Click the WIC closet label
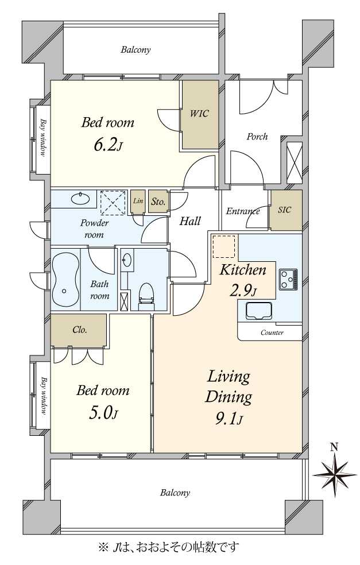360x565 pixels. pos(199,113)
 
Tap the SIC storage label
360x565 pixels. pos(284,210)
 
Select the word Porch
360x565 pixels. pos(257,137)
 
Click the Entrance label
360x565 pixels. pos(242,211)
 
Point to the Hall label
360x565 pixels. pos(190,220)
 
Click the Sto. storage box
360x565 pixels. pos(158,201)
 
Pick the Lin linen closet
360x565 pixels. pos(138,201)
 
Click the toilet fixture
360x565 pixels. pos(146,296)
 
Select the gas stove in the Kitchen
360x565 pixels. pos(288,279)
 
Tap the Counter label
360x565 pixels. pos(272,332)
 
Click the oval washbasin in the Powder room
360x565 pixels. pos(80,198)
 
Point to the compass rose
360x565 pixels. pos(335,474)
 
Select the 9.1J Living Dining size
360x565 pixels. pos(229,419)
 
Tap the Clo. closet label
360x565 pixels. pos(80,330)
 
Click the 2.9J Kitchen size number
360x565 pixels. pos(243,290)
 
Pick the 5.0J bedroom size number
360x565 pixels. pos(103,413)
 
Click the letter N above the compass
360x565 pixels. pos(334,447)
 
